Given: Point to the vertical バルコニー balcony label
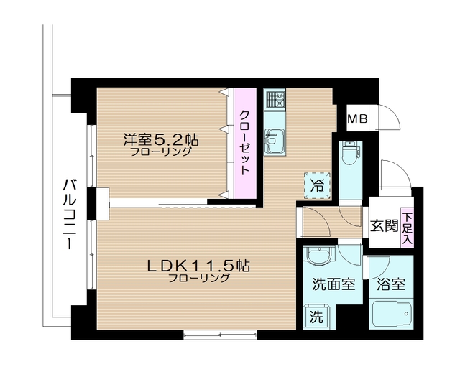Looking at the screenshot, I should point(70,213).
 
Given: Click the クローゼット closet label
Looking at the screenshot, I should point(245,143).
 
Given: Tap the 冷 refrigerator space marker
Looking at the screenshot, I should point(316,184).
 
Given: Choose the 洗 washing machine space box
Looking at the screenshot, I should point(316,315).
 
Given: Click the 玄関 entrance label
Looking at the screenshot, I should point(384,225).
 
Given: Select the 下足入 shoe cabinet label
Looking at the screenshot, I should point(408,227).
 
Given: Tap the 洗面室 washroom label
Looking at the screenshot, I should point(332,284).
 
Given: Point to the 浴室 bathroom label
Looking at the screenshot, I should point(392,284).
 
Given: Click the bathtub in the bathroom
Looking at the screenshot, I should point(392,316).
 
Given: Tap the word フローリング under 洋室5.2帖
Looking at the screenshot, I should point(161,152).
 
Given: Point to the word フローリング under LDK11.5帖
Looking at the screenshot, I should point(199,279).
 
